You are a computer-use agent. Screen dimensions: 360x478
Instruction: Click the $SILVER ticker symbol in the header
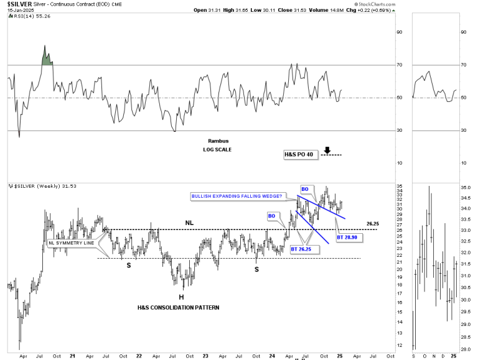19,4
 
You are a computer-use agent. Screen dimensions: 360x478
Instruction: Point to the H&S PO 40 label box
299,154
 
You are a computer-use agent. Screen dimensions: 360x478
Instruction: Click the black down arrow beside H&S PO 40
327,150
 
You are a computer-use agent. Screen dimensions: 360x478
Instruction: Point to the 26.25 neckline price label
373,223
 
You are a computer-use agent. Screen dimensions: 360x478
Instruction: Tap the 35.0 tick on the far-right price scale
466,187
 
